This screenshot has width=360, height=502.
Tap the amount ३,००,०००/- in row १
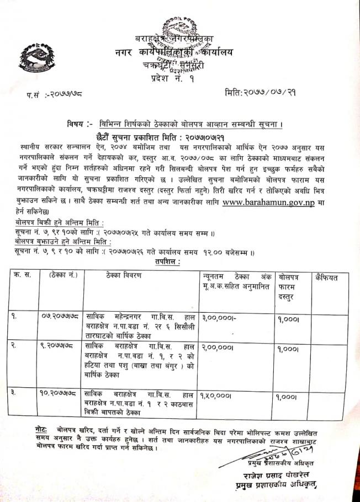[219, 317]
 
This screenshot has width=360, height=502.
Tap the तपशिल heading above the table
[167, 263]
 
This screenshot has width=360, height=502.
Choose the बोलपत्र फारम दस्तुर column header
[292, 287]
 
